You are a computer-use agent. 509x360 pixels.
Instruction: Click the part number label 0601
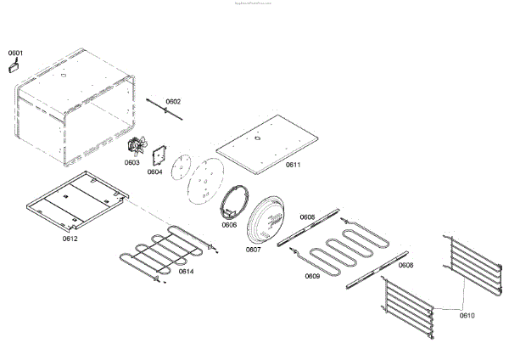click(15, 53)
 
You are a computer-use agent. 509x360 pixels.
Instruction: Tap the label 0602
click(173, 102)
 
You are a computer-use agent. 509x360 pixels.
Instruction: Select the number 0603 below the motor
click(132, 162)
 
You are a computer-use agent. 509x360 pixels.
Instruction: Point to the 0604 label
click(154, 172)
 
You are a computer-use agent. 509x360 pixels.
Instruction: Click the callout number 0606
click(229, 225)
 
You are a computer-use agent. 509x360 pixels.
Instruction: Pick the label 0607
click(253, 250)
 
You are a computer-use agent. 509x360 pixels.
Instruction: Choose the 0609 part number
click(312, 276)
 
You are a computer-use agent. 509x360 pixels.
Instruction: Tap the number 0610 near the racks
click(467, 316)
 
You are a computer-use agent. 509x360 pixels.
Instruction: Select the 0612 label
click(70, 239)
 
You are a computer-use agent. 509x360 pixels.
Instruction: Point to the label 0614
click(185, 272)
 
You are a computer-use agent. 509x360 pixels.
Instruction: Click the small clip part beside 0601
click(14, 66)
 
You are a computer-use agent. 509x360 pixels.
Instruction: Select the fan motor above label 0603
click(136, 147)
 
